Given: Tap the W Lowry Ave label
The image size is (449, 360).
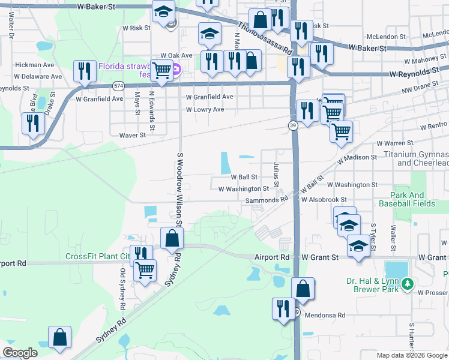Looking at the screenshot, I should [205, 110].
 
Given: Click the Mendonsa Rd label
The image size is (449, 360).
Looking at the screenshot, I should [325, 315].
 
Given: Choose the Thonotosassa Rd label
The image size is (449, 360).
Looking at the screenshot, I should [264, 35].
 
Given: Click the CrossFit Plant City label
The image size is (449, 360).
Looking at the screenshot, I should [98, 257].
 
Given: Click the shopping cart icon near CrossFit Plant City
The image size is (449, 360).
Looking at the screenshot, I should [144, 270].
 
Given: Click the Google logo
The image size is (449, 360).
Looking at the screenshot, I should [20, 353].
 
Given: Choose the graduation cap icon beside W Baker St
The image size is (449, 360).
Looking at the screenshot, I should [162, 12].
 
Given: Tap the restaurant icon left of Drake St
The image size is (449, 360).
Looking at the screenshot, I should [32, 123].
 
